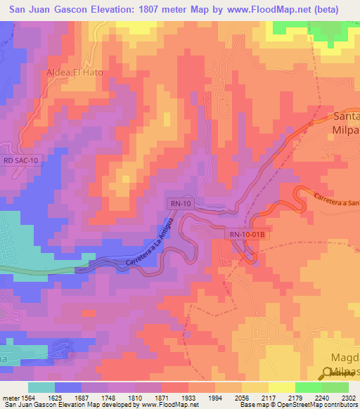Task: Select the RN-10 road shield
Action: click(x=180, y=204)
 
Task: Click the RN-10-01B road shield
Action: click(x=245, y=233)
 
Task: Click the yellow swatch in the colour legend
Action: click(x=281, y=387)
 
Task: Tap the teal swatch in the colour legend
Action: click(x=41, y=387)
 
